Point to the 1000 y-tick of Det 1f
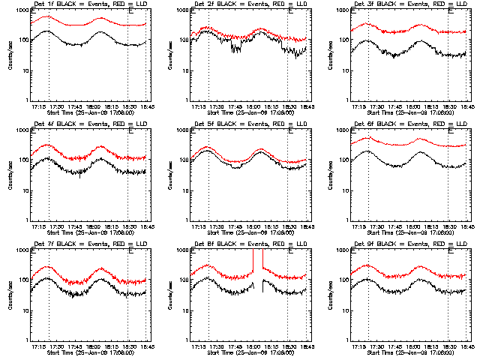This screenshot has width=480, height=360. click(22, 10)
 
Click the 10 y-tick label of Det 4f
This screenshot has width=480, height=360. click(25, 190)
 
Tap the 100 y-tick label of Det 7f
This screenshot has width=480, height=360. click(23, 280)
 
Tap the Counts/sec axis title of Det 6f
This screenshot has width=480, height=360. click(331, 174)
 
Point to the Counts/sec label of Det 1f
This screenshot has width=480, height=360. click(10, 54)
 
